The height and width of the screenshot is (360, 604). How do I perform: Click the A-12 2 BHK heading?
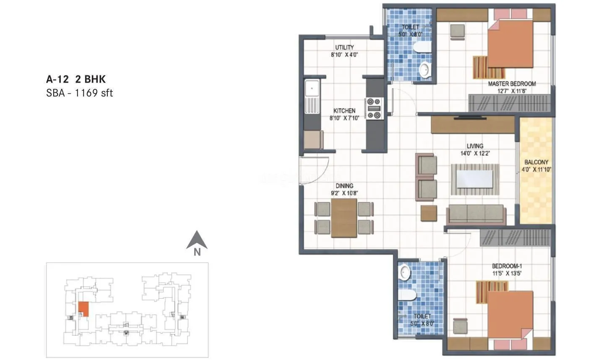coord(76,79)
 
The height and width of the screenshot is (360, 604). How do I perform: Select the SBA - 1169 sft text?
coord(79,93)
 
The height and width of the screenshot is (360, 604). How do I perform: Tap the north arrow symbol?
coord(197,242)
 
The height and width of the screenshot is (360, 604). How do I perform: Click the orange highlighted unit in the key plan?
coord(83,309)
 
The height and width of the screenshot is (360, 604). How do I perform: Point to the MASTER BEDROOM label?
coord(512,84)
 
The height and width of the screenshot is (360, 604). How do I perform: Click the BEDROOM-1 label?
coord(507,266)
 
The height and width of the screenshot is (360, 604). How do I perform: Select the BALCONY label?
coord(536,162)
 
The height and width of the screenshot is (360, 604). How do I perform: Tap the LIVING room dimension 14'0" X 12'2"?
coord(475,154)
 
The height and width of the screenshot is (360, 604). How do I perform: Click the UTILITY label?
coord(344,47)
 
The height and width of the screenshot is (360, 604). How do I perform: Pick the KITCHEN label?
coord(344,111)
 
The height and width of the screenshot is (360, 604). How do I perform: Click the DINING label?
coord(344,185)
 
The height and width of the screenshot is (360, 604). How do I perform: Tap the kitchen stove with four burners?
coord(374,108)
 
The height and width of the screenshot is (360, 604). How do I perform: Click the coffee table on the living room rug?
coord(475,179)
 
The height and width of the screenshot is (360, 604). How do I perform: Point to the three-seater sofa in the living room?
coord(476,214)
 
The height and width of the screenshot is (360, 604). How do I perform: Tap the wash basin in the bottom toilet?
coord(405,273)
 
